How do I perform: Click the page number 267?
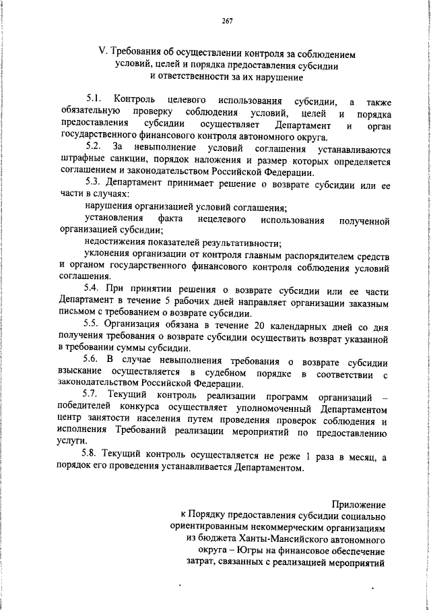tap(226, 22)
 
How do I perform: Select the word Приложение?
tap(359, 504)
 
